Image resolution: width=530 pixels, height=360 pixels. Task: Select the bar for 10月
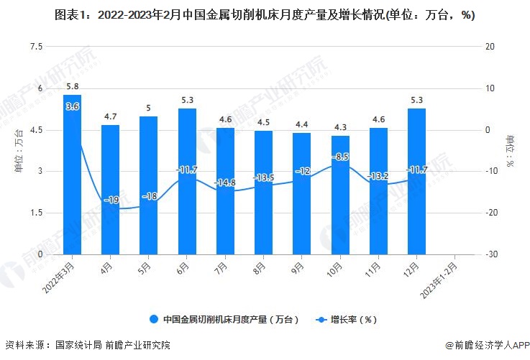pos(340,195)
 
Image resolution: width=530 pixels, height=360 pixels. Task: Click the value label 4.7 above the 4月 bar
pos(110,116)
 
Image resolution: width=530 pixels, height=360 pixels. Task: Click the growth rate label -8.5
pos(340,156)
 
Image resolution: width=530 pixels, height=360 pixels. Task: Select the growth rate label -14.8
pos(225,183)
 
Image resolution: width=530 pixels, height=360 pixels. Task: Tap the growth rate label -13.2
pos(378,176)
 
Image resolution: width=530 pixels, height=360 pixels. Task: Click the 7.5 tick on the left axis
pos(35,47)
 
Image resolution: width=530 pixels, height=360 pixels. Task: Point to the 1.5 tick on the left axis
pos(35,213)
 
